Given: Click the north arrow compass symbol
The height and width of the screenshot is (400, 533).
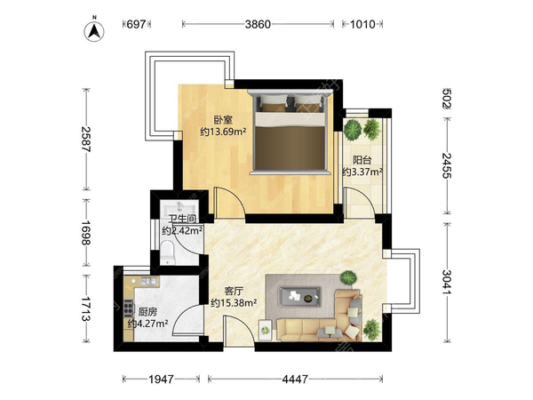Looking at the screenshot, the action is [94, 31].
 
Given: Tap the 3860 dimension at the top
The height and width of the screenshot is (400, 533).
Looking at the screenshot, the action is [258, 24].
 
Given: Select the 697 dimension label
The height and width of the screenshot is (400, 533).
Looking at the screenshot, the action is [136, 24].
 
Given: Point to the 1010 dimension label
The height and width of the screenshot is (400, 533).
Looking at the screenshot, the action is [362, 24].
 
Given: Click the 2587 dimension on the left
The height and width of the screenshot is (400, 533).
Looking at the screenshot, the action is [86, 140].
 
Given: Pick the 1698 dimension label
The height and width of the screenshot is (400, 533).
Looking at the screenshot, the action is [86, 233].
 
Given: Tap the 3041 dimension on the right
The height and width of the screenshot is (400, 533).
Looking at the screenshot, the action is [448, 283].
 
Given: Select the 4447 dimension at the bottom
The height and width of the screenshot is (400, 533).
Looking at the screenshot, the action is [295, 379].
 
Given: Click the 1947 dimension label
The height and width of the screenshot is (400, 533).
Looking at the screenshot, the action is [161, 379].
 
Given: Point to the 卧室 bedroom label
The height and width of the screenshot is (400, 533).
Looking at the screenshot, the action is [223, 120].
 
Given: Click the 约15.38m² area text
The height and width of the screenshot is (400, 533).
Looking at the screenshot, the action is [234, 302].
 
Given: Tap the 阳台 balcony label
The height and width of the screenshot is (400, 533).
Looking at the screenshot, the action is [362, 160].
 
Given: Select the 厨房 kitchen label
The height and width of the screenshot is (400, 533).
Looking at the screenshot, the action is [147, 312].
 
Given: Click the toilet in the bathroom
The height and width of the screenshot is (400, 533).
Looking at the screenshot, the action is [167, 252].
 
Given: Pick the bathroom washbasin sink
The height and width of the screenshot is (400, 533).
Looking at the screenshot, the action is [179, 206].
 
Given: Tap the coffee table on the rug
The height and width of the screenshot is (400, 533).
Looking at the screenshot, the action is [299, 297].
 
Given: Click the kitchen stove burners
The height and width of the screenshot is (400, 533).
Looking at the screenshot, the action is [129, 308].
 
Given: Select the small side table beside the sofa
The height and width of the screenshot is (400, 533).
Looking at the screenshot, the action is [266, 330].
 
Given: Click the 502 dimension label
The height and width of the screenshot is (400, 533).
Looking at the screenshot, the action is [448, 99].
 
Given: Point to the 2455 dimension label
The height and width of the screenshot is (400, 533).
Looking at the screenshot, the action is [448, 165].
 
